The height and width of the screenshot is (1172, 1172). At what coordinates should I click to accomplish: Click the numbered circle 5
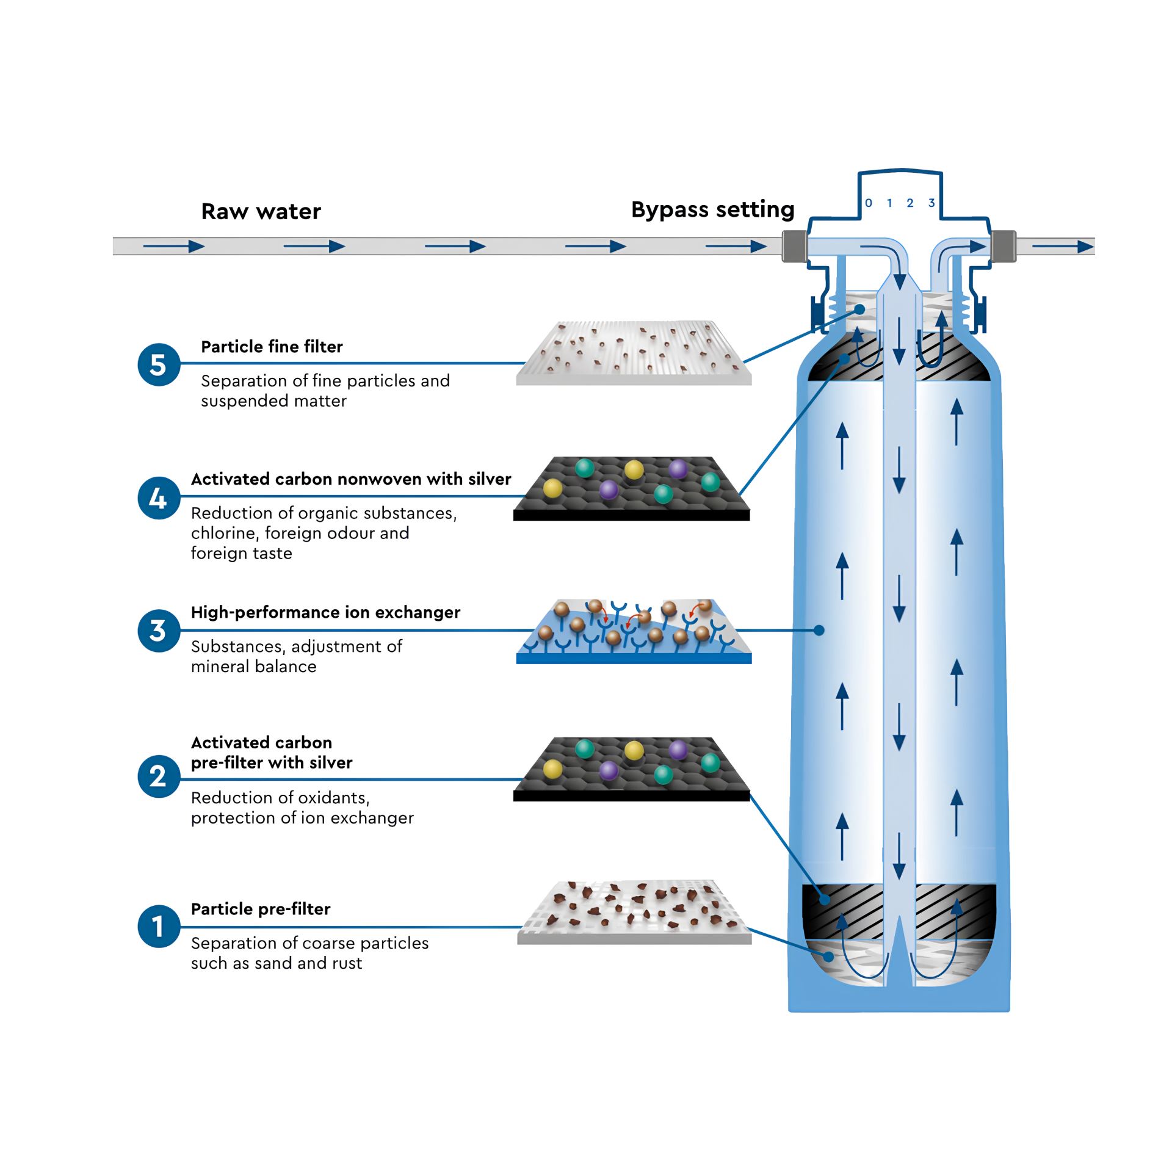coord(159,364)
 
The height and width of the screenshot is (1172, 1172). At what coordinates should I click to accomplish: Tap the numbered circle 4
coord(159,498)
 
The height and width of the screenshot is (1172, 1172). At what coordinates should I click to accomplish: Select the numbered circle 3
coord(159,631)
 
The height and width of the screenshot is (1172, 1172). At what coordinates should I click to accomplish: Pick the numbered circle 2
coord(159,776)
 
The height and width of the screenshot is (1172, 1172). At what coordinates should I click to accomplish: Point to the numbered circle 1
coord(159,926)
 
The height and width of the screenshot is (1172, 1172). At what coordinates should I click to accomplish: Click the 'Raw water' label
coord(261,211)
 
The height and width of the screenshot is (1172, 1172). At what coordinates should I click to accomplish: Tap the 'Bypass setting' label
coord(712,209)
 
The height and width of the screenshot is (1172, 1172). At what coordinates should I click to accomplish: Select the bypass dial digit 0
coord(869,203)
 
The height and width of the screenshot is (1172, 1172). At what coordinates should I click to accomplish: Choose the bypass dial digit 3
coord(931,203)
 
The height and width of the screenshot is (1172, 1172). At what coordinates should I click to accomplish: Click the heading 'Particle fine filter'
coord(272,347)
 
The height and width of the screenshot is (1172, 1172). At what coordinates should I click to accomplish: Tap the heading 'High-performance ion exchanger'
coord(325,612)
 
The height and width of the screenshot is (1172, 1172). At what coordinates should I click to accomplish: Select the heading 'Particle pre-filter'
coord(261,909)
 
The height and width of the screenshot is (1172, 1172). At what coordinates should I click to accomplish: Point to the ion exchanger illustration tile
coord(634,632)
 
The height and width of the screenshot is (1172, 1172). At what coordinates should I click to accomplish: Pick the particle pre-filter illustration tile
coord(634,913)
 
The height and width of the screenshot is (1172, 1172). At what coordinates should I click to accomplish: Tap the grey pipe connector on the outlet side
coord(1004,246)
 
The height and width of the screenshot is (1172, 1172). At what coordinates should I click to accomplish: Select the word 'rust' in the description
coord(347,963)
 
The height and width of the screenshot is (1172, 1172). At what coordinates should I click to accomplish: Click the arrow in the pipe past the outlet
coord(1063,247)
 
